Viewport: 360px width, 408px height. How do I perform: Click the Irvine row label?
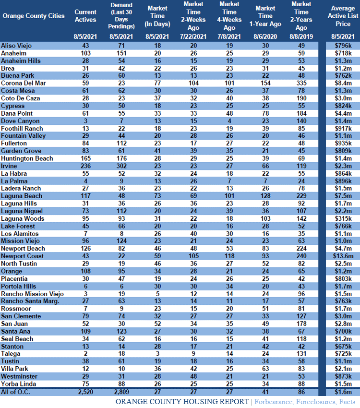[9, 166]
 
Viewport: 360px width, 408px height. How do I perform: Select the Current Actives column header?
[85, 16]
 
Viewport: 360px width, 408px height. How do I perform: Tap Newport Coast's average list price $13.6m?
[343, 256]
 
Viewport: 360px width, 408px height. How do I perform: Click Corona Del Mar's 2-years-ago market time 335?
[301, 83]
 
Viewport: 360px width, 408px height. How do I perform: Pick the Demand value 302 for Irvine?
[121, 166]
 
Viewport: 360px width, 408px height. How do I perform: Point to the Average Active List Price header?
[343, 16]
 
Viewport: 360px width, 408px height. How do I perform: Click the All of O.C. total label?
[16, 392]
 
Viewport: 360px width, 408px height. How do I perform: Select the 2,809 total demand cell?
[121, 392]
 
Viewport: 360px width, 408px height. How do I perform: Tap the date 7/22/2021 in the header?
[193, 36]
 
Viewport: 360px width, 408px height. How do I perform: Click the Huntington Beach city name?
[27, 158]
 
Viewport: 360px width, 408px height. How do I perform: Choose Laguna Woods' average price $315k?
[343, 218]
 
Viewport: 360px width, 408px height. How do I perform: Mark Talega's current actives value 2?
[85, 354]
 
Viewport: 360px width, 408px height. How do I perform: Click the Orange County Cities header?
[34, 16]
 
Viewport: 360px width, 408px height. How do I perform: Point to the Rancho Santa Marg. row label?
[30, 301]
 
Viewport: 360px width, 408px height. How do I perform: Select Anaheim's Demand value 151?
[121, 53]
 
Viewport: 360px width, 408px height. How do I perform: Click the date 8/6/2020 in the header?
[265, 36]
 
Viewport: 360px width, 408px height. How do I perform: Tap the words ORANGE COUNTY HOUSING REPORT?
[182, 402]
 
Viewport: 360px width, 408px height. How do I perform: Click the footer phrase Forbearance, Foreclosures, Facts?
[305, 402]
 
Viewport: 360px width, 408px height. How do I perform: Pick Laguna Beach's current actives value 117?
[85, 196]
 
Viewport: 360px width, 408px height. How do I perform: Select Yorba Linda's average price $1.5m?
[343, 384]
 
